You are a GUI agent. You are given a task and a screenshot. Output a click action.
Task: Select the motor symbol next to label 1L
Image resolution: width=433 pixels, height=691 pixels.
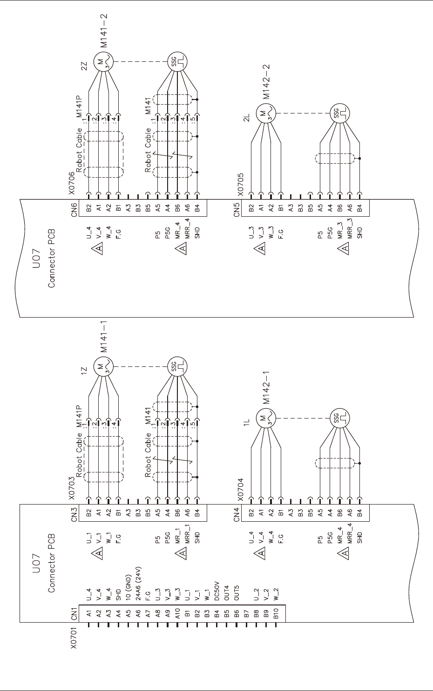(265, 418)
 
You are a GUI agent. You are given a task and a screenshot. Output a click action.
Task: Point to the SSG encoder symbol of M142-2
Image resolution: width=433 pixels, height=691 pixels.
(339, 113)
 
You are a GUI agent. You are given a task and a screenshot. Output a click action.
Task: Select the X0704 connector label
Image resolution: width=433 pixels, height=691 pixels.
(240, 486)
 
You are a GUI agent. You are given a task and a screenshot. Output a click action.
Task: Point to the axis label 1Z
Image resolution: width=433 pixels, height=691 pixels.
(84, 371)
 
